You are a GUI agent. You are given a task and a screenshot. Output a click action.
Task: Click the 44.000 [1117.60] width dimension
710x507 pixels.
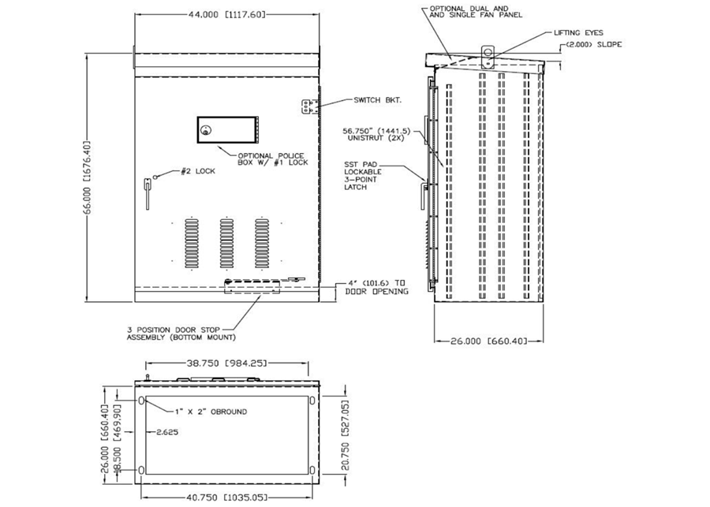[x=226, y=14]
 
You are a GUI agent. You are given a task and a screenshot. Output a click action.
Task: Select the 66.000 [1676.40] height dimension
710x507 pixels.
[x=88, y=177]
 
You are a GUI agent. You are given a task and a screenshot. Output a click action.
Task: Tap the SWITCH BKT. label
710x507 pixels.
[x=378, y=100]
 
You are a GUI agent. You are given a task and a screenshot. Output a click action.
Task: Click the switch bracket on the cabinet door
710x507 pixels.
[x=308, y=106]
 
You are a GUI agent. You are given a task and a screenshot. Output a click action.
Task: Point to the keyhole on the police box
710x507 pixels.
[x=206, y=130]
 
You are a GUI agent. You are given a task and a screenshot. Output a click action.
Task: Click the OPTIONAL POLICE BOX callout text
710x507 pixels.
[x=273, y=159]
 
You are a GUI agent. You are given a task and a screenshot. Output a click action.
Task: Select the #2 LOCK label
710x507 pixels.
[x=198, y=171]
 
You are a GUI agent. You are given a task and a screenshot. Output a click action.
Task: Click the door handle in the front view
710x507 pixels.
[x=148, y=193]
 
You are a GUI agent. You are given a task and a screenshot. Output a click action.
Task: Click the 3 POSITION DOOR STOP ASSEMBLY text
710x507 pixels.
[x=181, y=334]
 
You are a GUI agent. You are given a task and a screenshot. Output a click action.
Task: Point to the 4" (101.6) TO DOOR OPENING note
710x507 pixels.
[x=377, y=288]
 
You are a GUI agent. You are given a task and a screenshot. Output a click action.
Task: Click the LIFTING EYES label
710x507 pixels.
[x=579, y=32]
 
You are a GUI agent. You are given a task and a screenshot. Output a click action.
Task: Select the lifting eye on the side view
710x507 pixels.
[x=488, y=53]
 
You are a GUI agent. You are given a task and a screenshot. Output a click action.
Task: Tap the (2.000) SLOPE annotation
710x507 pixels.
[x=593, y=44]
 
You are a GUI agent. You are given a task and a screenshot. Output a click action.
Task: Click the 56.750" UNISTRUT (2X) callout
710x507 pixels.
[x=376, y=135]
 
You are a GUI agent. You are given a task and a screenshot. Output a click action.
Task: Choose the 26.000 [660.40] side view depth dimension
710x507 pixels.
[x=489, y=341]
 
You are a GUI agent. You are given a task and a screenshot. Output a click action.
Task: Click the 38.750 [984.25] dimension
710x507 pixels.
[x=227, y=363]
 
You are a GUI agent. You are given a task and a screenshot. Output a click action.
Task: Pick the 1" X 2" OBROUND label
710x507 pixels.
[x=211, y=412]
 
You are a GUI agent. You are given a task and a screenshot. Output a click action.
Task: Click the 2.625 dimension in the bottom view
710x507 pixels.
[x=167, y=432]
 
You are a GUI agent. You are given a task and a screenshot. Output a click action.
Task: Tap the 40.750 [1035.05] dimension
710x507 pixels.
[x=227, y=497]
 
